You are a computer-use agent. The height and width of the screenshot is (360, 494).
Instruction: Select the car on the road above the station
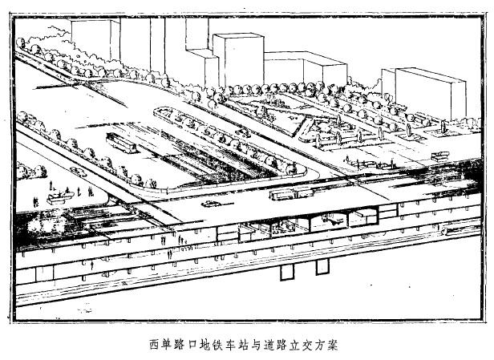(x=212, y=204)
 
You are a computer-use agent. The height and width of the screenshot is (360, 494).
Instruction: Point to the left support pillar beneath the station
(x=285, y=271)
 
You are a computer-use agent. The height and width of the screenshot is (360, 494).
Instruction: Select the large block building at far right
(x=431, y=92)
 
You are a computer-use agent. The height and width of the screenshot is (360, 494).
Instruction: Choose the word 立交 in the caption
(x=290, y=346)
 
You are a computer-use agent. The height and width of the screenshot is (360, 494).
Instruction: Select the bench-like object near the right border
(x=439, y=156)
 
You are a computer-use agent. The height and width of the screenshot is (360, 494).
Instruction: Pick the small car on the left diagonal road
(x=78, y=172)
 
